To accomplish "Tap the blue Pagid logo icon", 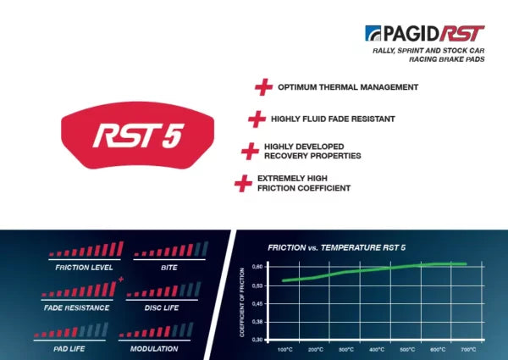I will (x=373, y=33).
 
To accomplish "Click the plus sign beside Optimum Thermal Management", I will (x=263, y=87).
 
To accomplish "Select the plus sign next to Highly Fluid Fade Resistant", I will (x=257, y=119).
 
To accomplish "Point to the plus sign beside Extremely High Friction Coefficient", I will (x=243, y=183).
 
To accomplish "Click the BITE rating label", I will (x=168, y=267).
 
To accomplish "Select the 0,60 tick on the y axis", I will (x=258, y=266).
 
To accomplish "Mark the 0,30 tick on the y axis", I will (x=258, y=339).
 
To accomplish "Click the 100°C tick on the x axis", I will (x=284, y=349).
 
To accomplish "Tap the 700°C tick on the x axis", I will (x=467, y=349).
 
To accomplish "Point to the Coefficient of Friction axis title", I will (x=242, y=302).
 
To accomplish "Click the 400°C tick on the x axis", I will (x=376, y=349).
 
